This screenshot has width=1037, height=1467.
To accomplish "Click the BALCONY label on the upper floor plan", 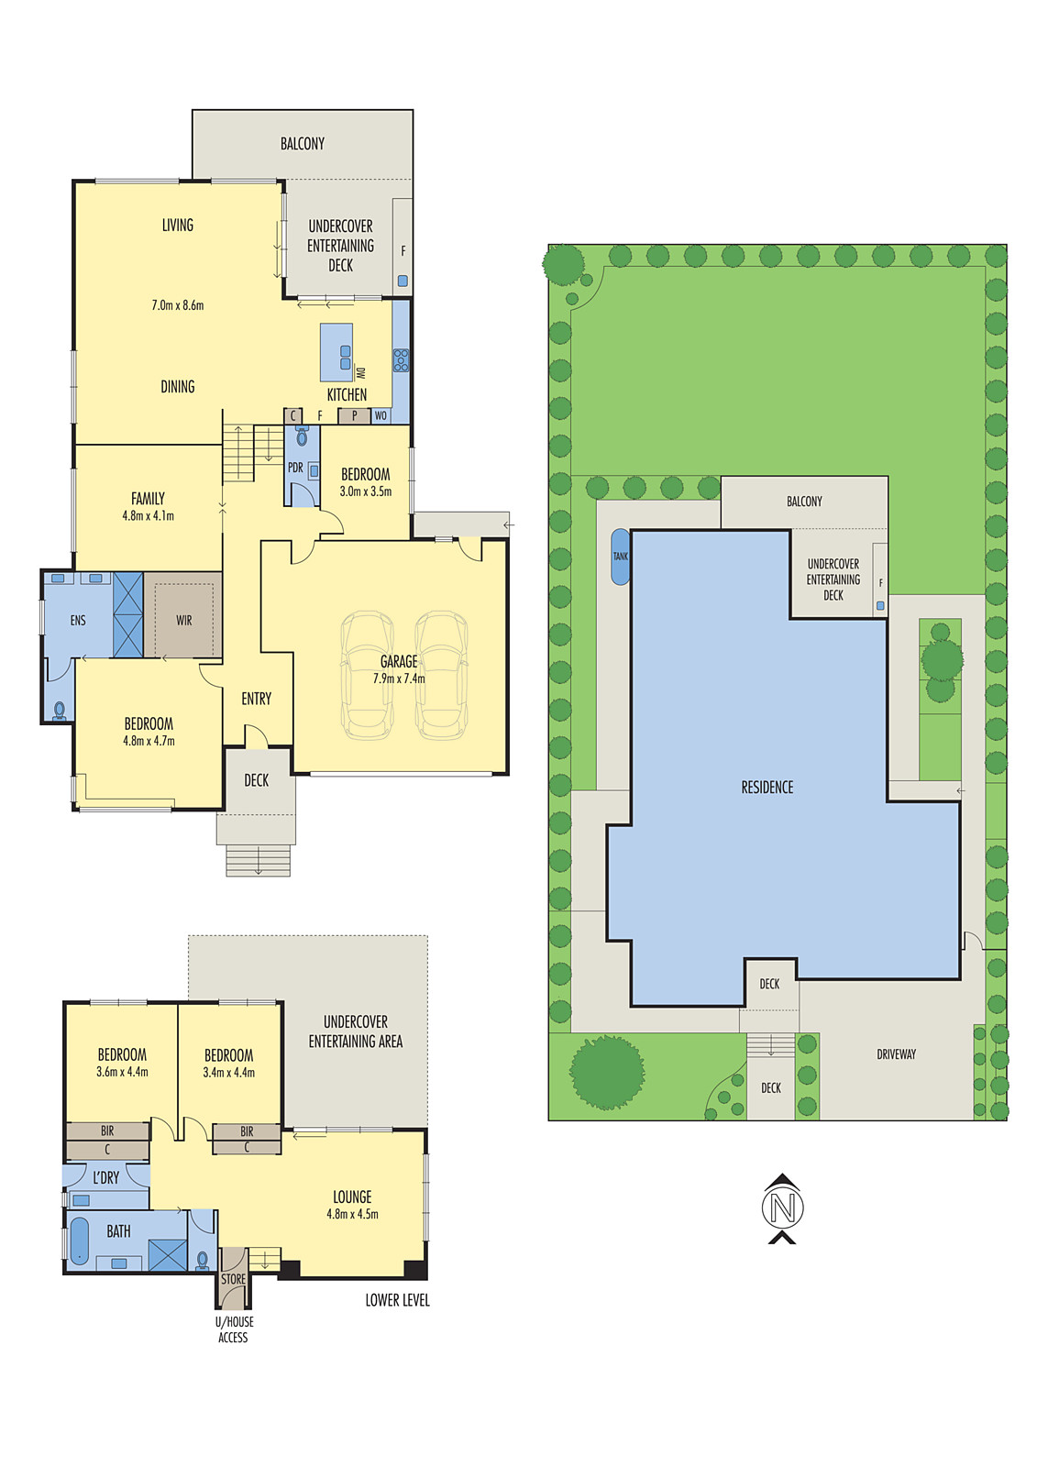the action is pos(302,143).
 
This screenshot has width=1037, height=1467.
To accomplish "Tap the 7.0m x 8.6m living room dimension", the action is pos(178,305).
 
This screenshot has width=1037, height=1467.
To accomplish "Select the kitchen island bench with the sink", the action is pos(336,352).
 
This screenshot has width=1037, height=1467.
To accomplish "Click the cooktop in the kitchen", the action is pos(401,360).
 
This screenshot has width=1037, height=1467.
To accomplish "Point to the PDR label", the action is pos(295,468).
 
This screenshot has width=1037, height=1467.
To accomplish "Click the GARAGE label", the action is pos(398,661).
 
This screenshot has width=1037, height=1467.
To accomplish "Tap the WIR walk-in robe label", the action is pos(184,620).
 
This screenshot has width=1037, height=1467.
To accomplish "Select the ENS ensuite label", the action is pos(78,620).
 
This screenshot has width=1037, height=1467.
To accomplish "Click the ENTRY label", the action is pos(256,699).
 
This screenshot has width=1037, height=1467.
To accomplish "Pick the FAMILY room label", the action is pos(148,499).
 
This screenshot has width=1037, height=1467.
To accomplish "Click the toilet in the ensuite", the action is pos(60,711).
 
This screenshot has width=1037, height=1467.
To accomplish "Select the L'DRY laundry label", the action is pos(106,1178).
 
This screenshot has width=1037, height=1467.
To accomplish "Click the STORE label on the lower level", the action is pos(233,1279).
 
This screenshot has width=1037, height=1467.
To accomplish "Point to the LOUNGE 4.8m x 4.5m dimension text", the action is pos(352,1214).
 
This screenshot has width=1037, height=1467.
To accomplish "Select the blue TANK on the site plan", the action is pos(621,557).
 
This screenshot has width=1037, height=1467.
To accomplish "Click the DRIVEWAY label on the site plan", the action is pos(896,1054).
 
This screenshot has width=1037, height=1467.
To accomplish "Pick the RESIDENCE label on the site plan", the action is pos(767,788).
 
